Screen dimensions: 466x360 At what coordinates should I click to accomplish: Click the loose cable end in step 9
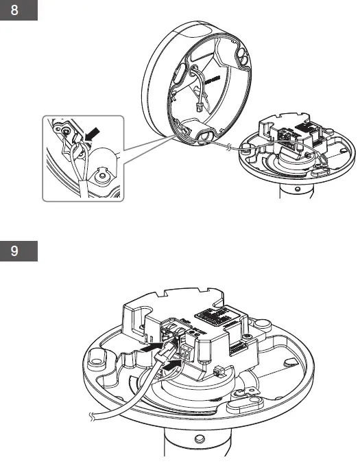[93, 415]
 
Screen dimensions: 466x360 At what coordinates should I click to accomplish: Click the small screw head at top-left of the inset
[66, 130]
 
